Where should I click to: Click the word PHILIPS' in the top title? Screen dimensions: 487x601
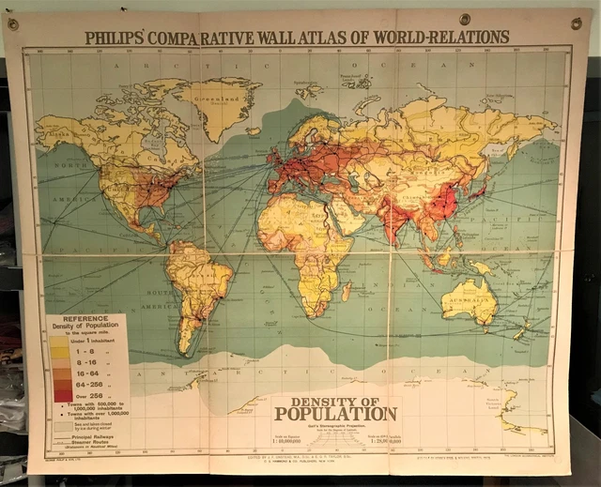115,38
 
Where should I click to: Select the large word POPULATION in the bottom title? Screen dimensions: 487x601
335,414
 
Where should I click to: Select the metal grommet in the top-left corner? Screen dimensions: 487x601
13,24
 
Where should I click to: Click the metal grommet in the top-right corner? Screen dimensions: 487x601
576,23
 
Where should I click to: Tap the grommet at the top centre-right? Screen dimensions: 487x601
465,19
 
